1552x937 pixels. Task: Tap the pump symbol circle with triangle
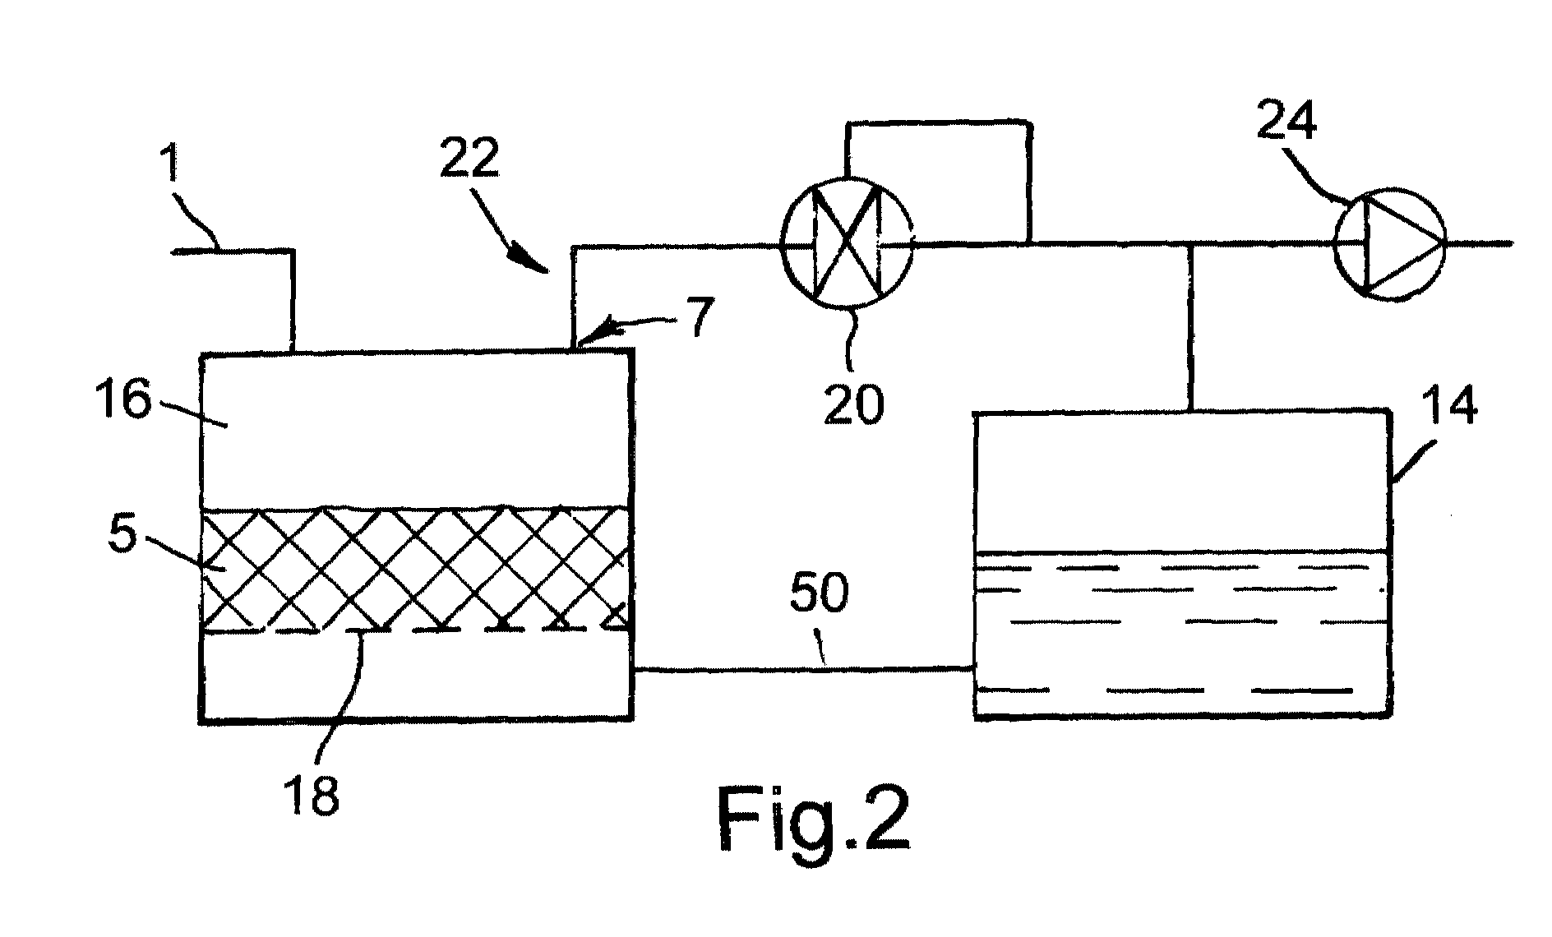[1388, 243]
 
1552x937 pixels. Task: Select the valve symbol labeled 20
[846, 243]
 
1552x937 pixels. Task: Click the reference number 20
[854, 404]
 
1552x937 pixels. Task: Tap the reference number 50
[818, 591]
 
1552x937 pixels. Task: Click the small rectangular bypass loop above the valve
[938, 164]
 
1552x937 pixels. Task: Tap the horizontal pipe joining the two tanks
[802, 670]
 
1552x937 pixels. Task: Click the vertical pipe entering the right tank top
[1190, 329]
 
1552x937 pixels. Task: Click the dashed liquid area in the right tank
[1180, 633]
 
